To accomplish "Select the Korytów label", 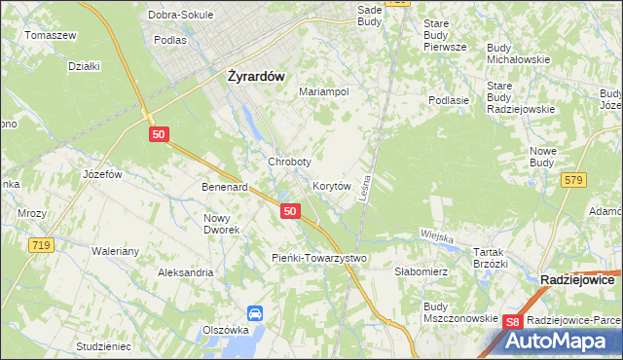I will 331,185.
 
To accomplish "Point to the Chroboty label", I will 289,162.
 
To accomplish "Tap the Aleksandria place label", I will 185,272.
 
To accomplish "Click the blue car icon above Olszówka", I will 255,313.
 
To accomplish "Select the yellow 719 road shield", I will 40,245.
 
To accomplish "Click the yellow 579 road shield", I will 573,179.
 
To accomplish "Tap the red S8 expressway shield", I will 514,322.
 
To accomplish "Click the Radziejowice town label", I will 577,279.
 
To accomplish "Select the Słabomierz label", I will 421,272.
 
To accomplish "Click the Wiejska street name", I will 438,235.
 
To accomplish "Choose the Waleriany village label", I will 116,250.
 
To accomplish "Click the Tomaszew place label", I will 51,35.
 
